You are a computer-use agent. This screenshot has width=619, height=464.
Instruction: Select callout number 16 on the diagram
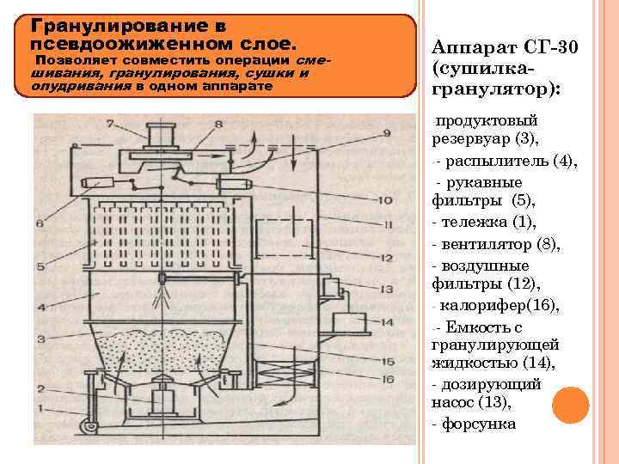tap(388, 378)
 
